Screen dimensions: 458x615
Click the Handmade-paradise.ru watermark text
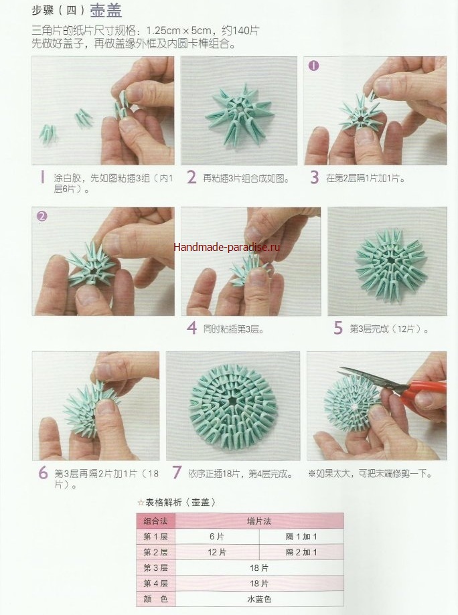point(226,247)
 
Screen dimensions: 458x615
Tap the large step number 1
point(42,178)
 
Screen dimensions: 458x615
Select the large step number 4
point(192,328)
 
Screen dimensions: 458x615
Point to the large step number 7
point(177,472)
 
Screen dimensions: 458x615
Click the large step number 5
point(338,328)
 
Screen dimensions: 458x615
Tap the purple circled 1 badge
point(313,66)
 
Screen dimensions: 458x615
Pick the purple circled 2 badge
point(42,216)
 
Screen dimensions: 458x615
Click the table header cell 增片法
point(259,521)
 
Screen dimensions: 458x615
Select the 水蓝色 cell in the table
point(259,599)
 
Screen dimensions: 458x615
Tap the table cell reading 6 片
point(217,537)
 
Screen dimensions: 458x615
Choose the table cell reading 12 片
point(217,552)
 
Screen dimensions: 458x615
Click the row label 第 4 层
point(156,584)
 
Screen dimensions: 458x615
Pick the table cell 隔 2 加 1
point(301,552)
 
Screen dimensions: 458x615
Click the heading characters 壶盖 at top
point(106,11)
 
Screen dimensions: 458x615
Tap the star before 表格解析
point(141,503)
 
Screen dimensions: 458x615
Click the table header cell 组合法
point(156,521)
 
